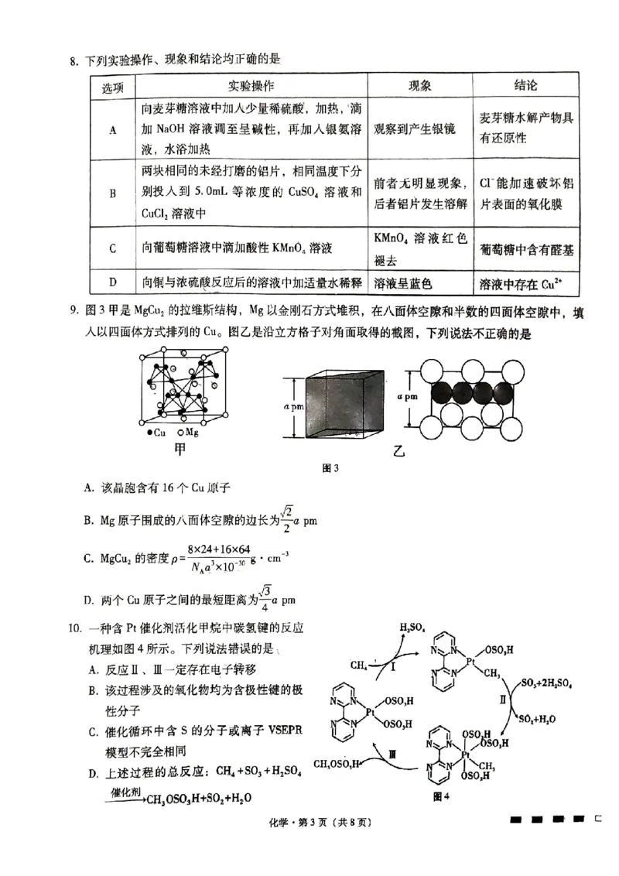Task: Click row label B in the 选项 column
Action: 112,192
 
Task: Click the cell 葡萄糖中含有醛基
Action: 526,249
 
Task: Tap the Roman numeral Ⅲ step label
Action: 393,751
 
